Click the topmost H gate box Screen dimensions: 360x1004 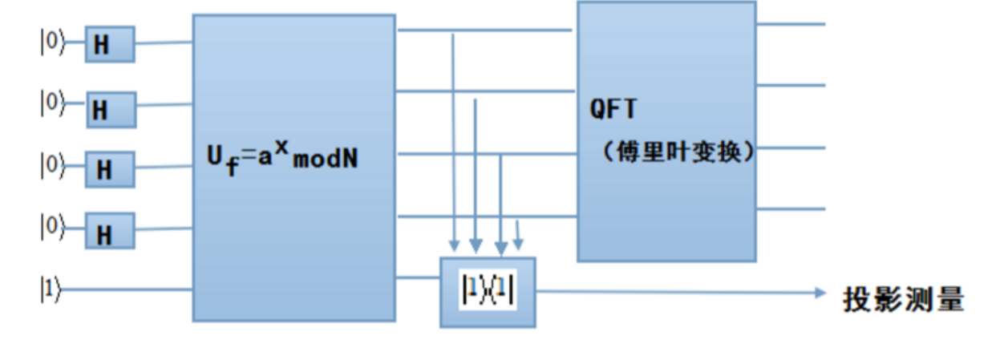110,44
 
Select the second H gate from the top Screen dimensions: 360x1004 111,109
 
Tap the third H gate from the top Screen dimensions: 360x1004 111,169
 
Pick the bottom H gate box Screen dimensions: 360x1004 111,231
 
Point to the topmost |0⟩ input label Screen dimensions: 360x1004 51,41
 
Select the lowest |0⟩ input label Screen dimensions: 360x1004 51,228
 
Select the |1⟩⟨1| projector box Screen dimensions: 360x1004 488,292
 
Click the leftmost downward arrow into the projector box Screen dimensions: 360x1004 454,244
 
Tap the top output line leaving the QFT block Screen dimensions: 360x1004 791,24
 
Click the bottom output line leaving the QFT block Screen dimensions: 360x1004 791,209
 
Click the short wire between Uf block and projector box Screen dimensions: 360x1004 417,278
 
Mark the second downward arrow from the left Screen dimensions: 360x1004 476,244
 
